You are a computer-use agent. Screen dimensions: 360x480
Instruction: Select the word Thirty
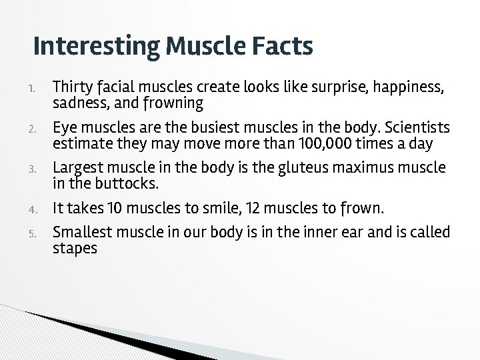click(x=72, y=87)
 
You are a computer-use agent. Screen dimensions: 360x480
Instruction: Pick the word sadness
click(x=79, y=103)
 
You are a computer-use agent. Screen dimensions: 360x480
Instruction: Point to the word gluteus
click(x=287, y=168)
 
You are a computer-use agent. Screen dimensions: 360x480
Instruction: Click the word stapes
click(x=75, y=249)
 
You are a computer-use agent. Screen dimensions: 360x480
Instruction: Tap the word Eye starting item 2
click(x=64, y=127)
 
